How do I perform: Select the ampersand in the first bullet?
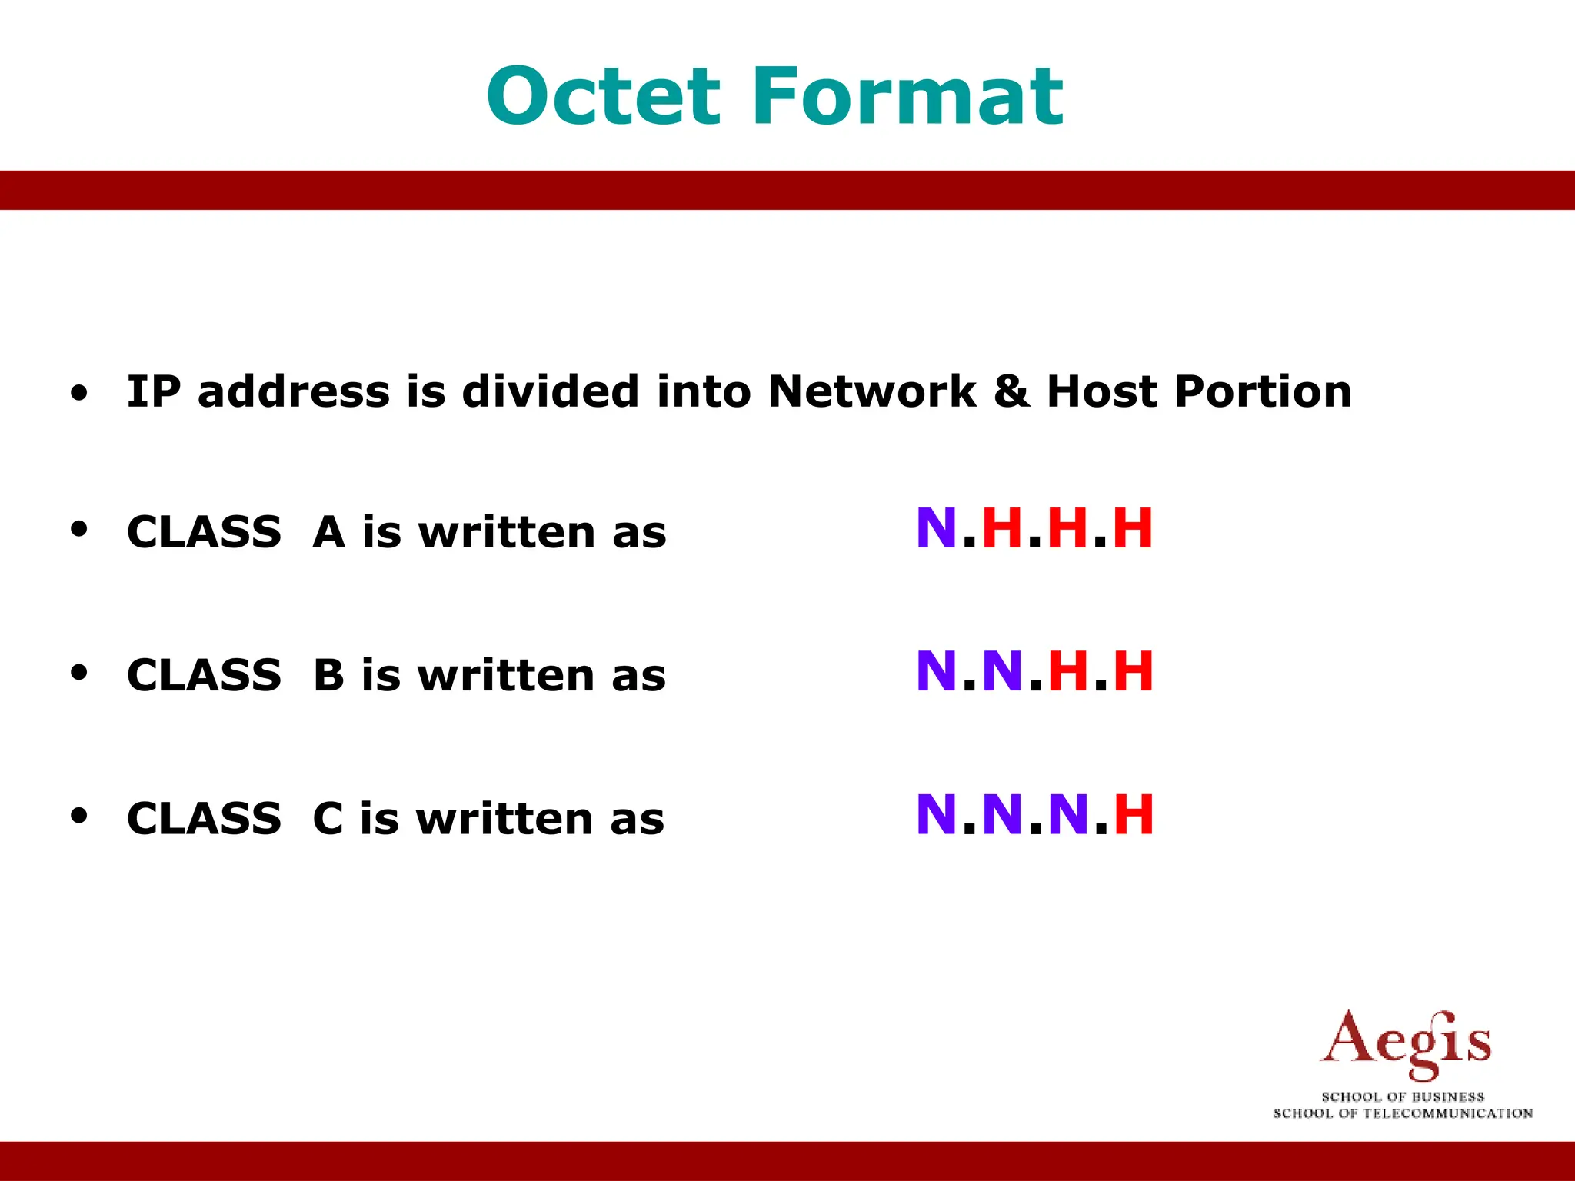coord(1012,391)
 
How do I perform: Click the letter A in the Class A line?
coord(328,532)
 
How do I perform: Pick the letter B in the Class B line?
coord(328,675)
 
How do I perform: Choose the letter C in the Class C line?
coord(328,818)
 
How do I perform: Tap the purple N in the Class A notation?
coord(936,529)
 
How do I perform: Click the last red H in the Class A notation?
coord(1133,529)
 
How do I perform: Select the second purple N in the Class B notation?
coord(1002,671)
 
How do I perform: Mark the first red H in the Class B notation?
coord(1067,671)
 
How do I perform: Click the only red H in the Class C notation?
coord(1134,815)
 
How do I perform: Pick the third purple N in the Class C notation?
coord(1068,815)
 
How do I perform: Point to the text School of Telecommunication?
coord(1403,1113)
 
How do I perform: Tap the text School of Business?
coord(1403,1096)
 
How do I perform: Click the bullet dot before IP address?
coord(78,394)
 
